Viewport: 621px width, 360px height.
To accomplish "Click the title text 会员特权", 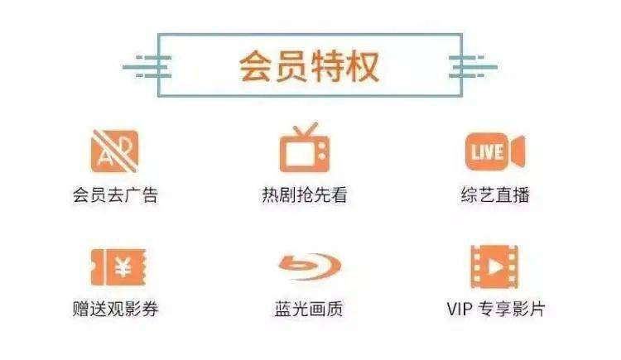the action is click(309, 66).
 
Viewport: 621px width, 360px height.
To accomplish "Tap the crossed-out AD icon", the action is click(115, 151).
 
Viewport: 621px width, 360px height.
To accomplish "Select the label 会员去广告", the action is click(115, 194).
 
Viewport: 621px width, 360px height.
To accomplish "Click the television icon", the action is click(304, 147).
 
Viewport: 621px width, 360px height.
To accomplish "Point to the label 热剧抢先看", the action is click(304, 194).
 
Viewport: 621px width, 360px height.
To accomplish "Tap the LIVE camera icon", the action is click(495, 151).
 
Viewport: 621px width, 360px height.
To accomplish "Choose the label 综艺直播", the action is click(495, 194).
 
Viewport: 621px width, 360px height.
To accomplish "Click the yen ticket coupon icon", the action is click(118, 267).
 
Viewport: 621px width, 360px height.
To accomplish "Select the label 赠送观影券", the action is click(115, 309).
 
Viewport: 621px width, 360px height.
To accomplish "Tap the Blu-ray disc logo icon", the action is click(310, 266).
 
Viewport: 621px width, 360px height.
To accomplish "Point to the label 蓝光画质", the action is click(309, 309).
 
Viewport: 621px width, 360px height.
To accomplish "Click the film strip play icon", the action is click(494, 267).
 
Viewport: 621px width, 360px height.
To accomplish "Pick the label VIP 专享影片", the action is click(496, 309).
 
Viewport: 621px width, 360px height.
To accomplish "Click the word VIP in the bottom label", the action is click(460, 309).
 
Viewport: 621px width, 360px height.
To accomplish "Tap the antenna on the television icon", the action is click(305, 129).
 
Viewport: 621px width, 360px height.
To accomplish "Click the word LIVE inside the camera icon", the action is click(487, 152).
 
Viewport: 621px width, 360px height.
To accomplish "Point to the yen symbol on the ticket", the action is click(123, 266).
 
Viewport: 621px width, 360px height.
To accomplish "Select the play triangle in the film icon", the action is click(495, 267).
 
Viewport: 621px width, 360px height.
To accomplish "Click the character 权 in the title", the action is click(363, 66).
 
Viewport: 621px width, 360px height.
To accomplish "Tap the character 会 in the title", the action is click(256, 66).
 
